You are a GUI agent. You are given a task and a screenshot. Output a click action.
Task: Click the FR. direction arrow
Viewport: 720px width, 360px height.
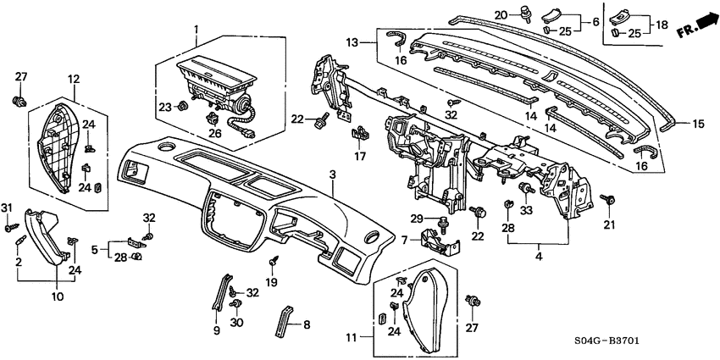click(x=695, y=31)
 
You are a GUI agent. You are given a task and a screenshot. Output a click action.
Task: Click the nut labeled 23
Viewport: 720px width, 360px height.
click(x=181, y=107)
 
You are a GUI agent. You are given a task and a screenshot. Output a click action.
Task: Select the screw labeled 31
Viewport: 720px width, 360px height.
click(x=12, y=227)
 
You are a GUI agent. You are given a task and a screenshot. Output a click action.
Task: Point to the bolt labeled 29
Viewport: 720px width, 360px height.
click(x=443, y=222)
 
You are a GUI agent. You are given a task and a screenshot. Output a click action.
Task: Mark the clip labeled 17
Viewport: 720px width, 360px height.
click(x=359, y=132)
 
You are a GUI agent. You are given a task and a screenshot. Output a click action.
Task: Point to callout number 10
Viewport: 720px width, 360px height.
click(x=58, y=296)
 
